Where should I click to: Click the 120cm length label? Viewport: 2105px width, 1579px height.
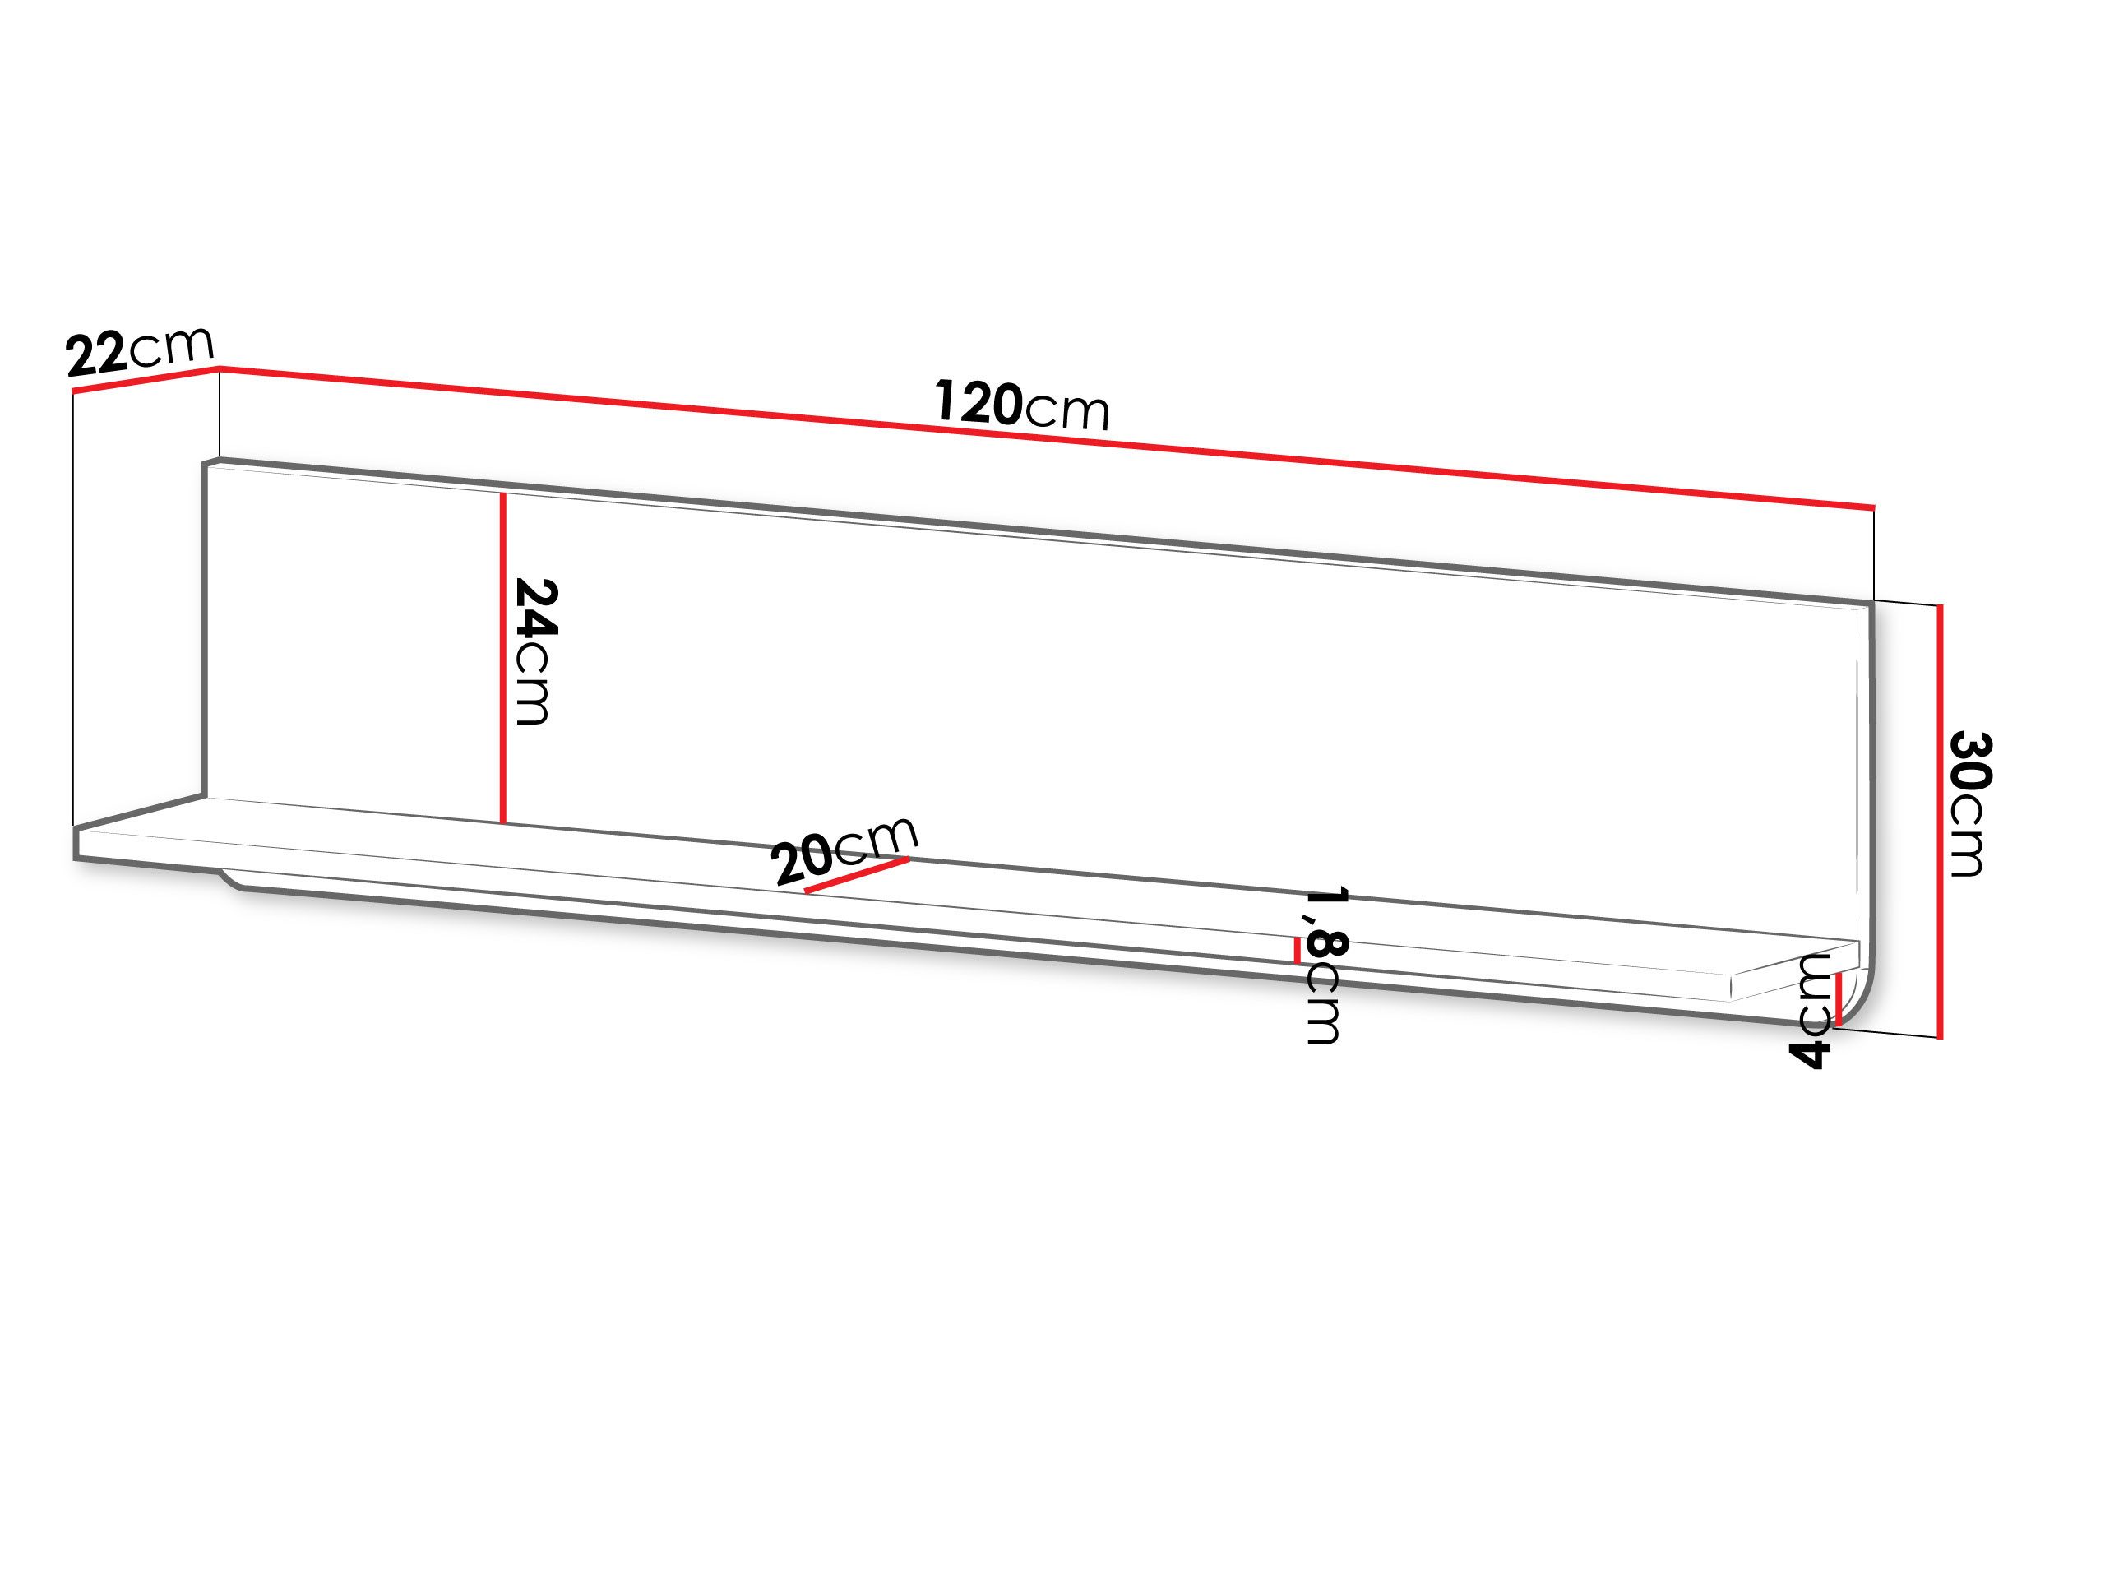click(x=1022, y=405)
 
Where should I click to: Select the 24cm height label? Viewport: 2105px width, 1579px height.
click(x=534, y=652)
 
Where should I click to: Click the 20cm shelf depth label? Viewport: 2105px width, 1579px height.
click(x=845, y=849)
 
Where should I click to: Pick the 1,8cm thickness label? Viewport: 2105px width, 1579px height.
click(x=1324, y=966)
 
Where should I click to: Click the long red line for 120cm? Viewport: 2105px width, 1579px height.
click(x=1047, y=437)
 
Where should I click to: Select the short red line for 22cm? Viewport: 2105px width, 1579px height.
click(x=146, y=379)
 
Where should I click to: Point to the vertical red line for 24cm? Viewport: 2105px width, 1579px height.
click(x=502, y=658)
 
